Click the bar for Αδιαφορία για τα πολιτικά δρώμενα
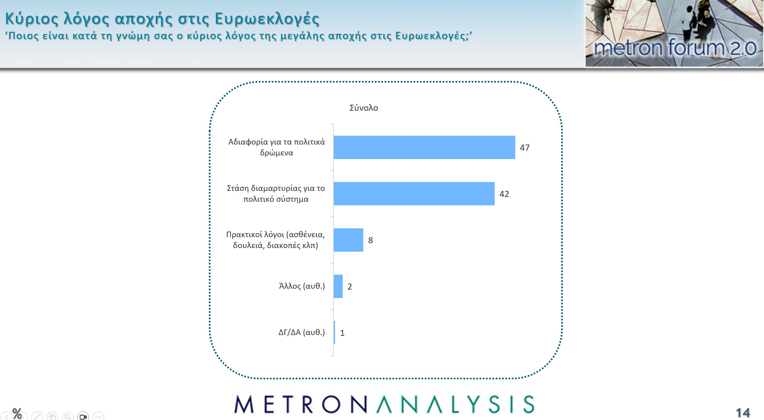click(424, 147)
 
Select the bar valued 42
click(414, 194)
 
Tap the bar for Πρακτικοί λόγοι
click(348, 240)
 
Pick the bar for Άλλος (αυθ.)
click(338, 286)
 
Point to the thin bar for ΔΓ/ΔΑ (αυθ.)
click(334, 333)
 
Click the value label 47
click(525, 148)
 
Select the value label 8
click(371, 240)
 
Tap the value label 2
click(350, 287)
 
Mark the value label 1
click(342, 333)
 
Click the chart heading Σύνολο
click(364, 108)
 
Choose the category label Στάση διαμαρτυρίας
click(276, 194)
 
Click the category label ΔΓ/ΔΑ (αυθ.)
click(302, 333)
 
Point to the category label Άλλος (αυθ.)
click(302, 286)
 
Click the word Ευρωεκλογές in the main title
click(267, 19)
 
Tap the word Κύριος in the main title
click(32, 19)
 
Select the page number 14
click(743, 413)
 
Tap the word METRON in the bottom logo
click(301, 404)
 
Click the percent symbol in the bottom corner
click(17, 413)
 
